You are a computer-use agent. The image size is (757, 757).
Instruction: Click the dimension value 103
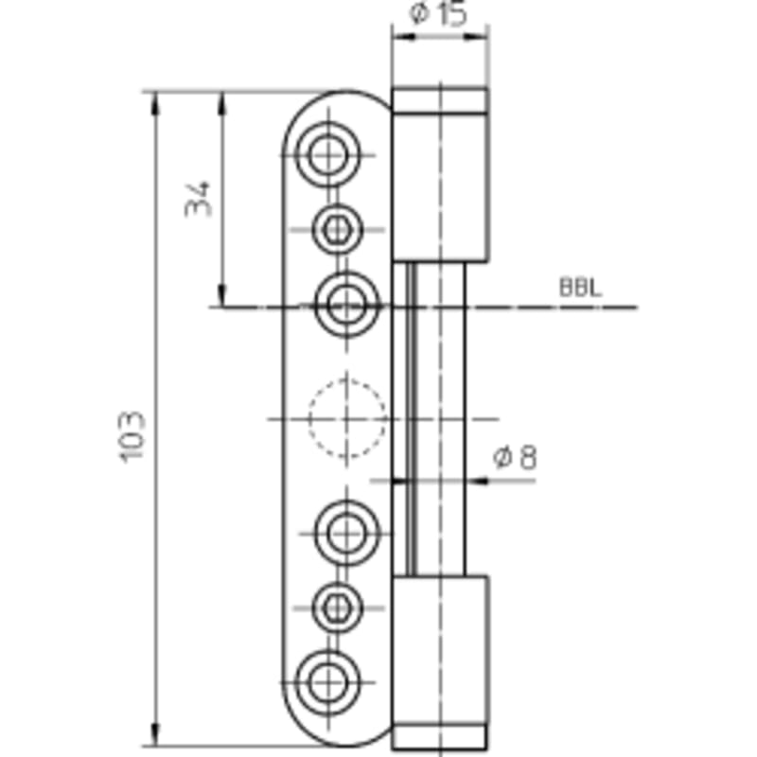click(x=132, y=436)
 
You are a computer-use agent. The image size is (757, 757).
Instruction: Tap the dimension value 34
click(x=199, y=199)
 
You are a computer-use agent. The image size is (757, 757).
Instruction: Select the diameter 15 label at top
click(x=439, y=13)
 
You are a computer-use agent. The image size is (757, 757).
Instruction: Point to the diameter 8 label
click(x=515, y=457)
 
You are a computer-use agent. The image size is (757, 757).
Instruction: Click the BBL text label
click(x=581, y=288)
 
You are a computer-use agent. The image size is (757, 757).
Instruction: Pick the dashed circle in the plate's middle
click(x=347, y=418)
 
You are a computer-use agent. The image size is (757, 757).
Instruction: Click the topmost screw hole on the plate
click(x=328, y=154)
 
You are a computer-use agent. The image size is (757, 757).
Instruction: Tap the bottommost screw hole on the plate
click(x=328, y=682)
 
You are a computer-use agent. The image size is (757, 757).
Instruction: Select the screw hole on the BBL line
click(x=347, y=306)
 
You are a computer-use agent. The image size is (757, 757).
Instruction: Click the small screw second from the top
click(x=337, y=229)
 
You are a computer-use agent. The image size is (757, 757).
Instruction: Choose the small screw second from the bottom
click(x=337, y=607)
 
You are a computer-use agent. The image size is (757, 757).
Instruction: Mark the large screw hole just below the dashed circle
click(x=347, y=533)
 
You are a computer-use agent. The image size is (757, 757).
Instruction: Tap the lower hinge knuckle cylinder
click(x=440, y=650)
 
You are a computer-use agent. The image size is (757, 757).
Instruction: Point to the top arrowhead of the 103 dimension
click(x=155, y=103)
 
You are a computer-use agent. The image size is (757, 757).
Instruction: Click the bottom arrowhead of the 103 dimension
click(x=155, y=734)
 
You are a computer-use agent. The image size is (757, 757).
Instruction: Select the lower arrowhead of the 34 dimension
click(x=222, y=295)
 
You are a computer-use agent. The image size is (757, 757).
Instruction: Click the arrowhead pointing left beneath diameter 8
click(x=477, y=481)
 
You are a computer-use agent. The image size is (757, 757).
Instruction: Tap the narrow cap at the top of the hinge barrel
click(x=440, y=100)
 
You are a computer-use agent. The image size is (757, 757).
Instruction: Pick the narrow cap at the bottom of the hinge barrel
click(x=440, y=737)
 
